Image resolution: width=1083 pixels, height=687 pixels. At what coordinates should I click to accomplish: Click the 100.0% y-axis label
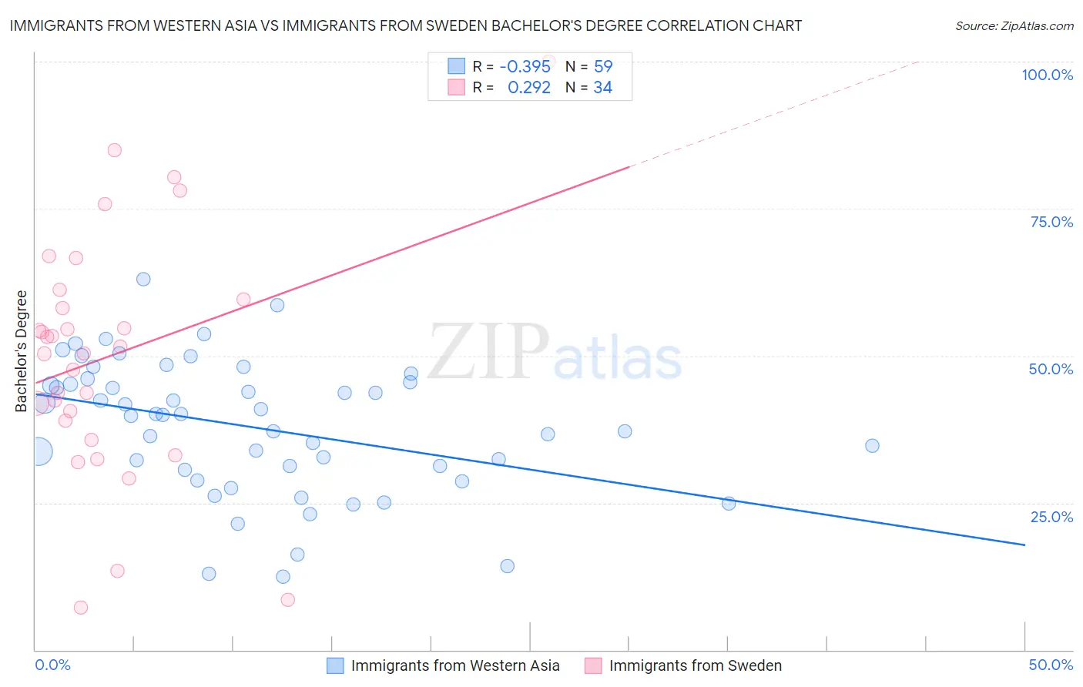pyautogui.click(x=1047, y=75)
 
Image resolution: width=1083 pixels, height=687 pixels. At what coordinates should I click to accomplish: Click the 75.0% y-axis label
pyautogui.click(x=1051, y=222)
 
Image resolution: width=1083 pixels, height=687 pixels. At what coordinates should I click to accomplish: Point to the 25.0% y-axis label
pyautogui.click(x=1051, y=516)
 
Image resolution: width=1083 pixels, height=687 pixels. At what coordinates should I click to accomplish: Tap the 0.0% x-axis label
pyautogui.click(x=52, y=665)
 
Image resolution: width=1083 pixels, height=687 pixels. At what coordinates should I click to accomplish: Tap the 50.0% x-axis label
pyautogui.click(x=1051, y=665)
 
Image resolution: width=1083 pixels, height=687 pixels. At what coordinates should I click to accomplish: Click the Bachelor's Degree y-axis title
pyautogui.click(x=22, y=351)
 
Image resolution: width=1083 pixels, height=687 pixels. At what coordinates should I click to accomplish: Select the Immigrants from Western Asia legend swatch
pyautogui.click(x=335, y=665)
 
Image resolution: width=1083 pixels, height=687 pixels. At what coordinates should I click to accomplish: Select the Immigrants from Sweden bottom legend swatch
pyautogui.click(x=592, y=665)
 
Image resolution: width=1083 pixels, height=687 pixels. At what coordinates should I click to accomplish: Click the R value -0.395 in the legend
pyautogui.click(x=525, y=66)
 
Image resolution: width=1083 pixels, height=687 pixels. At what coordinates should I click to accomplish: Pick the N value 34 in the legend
pyautogui.click(x=602, y=88)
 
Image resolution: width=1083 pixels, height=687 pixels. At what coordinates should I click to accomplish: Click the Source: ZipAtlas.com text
pyautogui.click(x=1014, y=26)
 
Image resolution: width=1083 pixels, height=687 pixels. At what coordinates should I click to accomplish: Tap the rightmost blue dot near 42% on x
pyautogui.click(x=872, y=445)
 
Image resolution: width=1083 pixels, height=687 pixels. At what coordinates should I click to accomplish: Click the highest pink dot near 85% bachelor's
pyautogui.click(x=114, y=150)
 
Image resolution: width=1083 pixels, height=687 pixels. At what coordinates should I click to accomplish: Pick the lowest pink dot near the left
pyautogui.click(x=81, y=608)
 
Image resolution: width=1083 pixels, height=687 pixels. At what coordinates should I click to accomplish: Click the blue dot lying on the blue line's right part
pyautogui.click(x=729, y=504)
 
